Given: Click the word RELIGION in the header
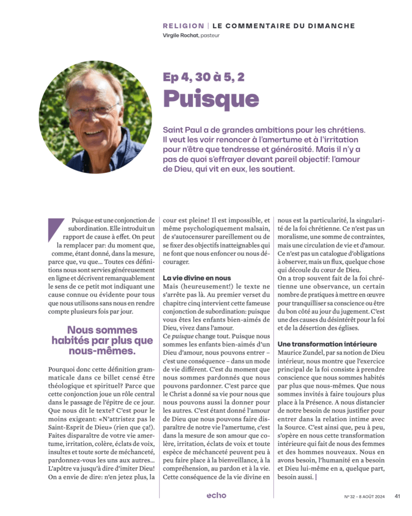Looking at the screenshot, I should coord(184,26).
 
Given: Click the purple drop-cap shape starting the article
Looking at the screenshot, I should coord(55,229).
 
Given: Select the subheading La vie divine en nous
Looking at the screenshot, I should coord(197,278).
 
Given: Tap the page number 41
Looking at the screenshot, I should coord(397,496).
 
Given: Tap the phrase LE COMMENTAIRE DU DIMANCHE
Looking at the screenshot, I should coord(283,26).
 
